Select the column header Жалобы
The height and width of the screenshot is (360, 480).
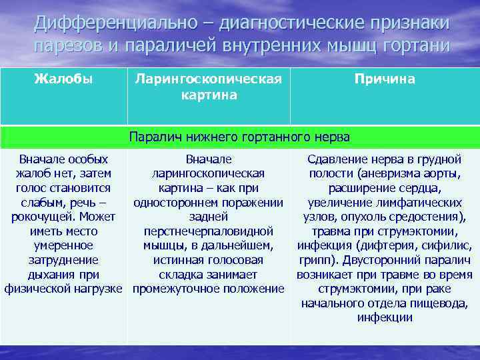pyautogui.click(x=63, y=79)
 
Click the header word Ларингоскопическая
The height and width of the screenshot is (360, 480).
pyautogui.click(x=207, y=79)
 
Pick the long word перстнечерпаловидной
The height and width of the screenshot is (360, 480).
pyautogui.click(x=209, y=231)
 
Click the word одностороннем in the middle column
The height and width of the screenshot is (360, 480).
pyautogui.click(x=173, y=202)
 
